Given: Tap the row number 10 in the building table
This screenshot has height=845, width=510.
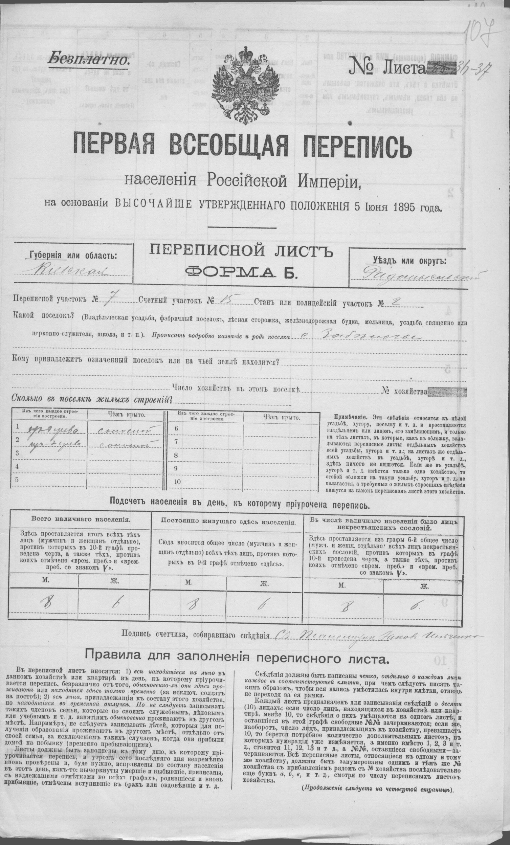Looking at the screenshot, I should [177, 482].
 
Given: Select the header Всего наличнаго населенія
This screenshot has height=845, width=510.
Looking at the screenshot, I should [80, 519].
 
